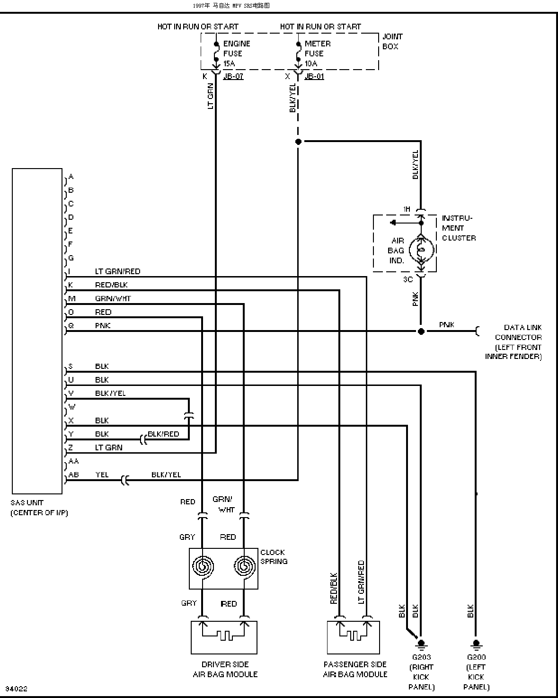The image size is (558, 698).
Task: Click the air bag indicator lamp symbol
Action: click(421, 250)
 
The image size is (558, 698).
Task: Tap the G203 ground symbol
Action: click(421, 646)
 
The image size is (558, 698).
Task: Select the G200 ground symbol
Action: click(476, 646)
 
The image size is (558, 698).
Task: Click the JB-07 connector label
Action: click(233, 76)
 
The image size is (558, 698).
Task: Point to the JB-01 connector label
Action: click(314, 76)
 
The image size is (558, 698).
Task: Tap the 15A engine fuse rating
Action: click(229, 63)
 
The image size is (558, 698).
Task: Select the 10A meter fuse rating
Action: click(310, 63)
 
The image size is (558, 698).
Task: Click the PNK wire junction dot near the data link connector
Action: click(421, 331)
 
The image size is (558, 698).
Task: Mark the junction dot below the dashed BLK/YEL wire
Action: click(298, 142)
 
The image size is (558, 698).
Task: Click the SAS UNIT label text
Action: click(27, 502)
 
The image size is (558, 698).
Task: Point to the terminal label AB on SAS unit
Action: click(74, 474)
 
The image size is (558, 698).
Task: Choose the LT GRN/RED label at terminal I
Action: click(117, 271)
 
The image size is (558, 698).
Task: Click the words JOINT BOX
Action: click(392, 42)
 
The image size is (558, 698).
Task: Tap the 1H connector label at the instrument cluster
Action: click(407, 209)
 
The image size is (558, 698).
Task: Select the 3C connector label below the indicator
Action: click(408, 279)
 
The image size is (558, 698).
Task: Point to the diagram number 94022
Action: click(16, 689)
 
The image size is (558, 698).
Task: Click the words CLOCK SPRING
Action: click(274, 556)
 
